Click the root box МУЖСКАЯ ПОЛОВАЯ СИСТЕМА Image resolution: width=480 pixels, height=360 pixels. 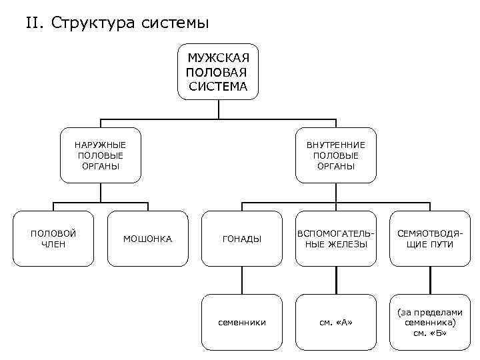pyautogui.click(x=217, y=72)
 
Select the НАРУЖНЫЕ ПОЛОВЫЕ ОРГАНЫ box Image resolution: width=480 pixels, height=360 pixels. pyautogui.click(x=100, y=155)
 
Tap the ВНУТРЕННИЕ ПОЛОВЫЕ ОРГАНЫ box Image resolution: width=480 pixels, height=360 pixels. pyautogui.click(x=336, y=155)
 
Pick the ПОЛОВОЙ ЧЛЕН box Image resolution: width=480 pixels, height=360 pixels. pyautogui.click(x=53, y=239)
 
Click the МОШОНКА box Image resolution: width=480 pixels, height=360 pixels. pyautogui.click(x=147, y=239)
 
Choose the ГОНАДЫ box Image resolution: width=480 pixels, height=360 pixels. pyautogui.click(x=241, y=239)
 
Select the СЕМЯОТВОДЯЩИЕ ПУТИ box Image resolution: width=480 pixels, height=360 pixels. pyautogui.click(x=430, y=239)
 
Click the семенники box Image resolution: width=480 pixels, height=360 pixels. pyautogui.click(x=241, y=322)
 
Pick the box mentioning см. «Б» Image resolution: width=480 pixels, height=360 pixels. pyautogui.click(x=430, y=322)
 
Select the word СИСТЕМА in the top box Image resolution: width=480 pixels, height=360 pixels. pyautogui.click(x=217, y=86)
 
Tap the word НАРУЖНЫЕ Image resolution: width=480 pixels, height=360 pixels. pyautogui.click(x=100, y=145)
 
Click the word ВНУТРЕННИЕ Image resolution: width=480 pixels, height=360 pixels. pyautogui.click(x=336, y=145)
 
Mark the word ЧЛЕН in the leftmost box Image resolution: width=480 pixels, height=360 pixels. pyautogui.click(x=53, y=244)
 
